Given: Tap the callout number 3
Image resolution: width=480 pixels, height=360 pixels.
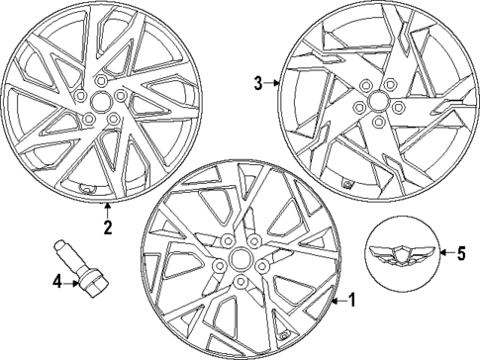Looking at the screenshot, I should coord(257,84).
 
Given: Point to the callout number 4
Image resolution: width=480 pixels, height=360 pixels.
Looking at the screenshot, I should coord(56,283).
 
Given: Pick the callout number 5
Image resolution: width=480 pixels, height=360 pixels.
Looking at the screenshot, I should coord(458,253).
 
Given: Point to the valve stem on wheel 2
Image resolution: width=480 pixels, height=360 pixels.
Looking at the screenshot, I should coord(86,188).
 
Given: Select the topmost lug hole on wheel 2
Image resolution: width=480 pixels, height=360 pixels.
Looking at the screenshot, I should coord(100,78).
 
